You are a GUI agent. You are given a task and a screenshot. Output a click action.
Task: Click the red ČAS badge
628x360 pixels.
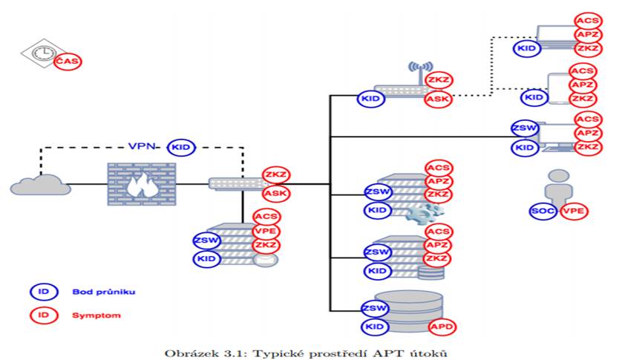tap(68, 61)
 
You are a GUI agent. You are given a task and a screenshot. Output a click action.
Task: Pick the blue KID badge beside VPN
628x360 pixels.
tap(181, 148)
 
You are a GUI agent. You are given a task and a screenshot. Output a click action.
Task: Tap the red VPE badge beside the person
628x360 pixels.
tap(573, 211)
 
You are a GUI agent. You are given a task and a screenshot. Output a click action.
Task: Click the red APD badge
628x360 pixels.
tap(442, 327)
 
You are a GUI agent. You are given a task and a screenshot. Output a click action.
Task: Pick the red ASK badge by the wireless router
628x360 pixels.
tap(438, 99)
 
